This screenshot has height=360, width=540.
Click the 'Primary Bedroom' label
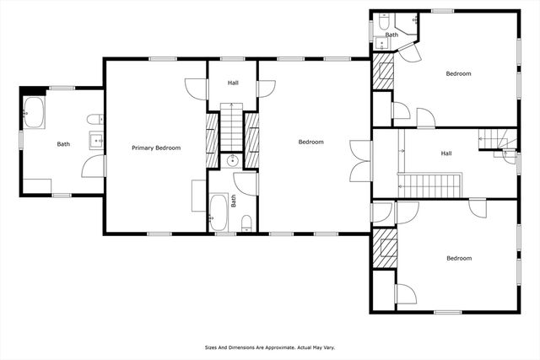click(156, 148)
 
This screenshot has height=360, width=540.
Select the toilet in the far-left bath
click(97, 118)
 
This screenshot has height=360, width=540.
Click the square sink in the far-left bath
click(96, 140)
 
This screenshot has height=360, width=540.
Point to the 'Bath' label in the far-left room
click(63, 144)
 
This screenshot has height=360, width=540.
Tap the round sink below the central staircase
click(232, 159)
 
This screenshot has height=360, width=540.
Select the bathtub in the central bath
click(218, 212)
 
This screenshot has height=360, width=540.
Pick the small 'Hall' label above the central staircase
click(233, 83)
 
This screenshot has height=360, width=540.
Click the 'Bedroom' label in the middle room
click(310, 142)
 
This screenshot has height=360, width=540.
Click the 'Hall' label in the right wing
click(446, 153)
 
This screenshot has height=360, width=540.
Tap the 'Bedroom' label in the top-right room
click(458, 73)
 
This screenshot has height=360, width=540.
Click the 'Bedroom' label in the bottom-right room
click(459, 258)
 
